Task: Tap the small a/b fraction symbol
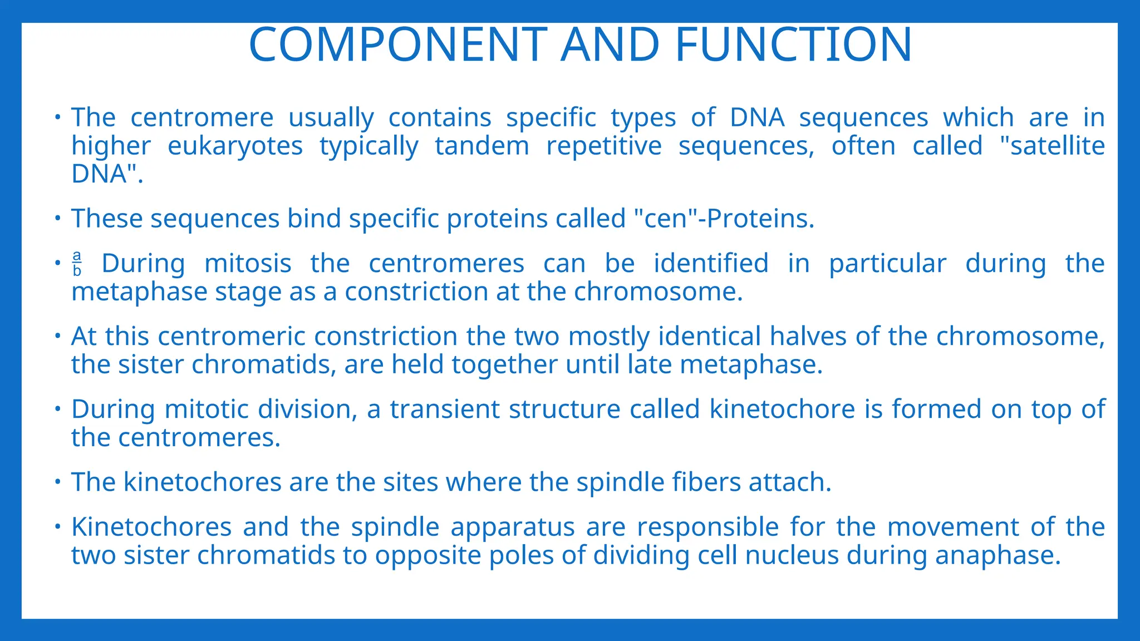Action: pyautogui.click(x=77, y=264)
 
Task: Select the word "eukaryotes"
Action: pyautogui.click(x=235, y=146)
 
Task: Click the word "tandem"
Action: pyautogui.click(x=481, y=146)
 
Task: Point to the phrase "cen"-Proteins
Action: pyautogui.click(x=724, y=218)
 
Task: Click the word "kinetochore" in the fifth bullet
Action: pyautogui.click(x=782, y=410)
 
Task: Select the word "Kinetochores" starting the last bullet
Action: pyautogui.click(x=151, y=527)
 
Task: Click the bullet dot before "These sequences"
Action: pyautogui.click(x=57, y=218)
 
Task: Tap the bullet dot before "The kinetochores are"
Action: pyautogui.click(x=57, y=482)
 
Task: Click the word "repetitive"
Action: pyautogui.click(x=603, y=146)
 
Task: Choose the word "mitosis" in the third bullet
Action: pyautogui.click(x=248, y=264)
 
